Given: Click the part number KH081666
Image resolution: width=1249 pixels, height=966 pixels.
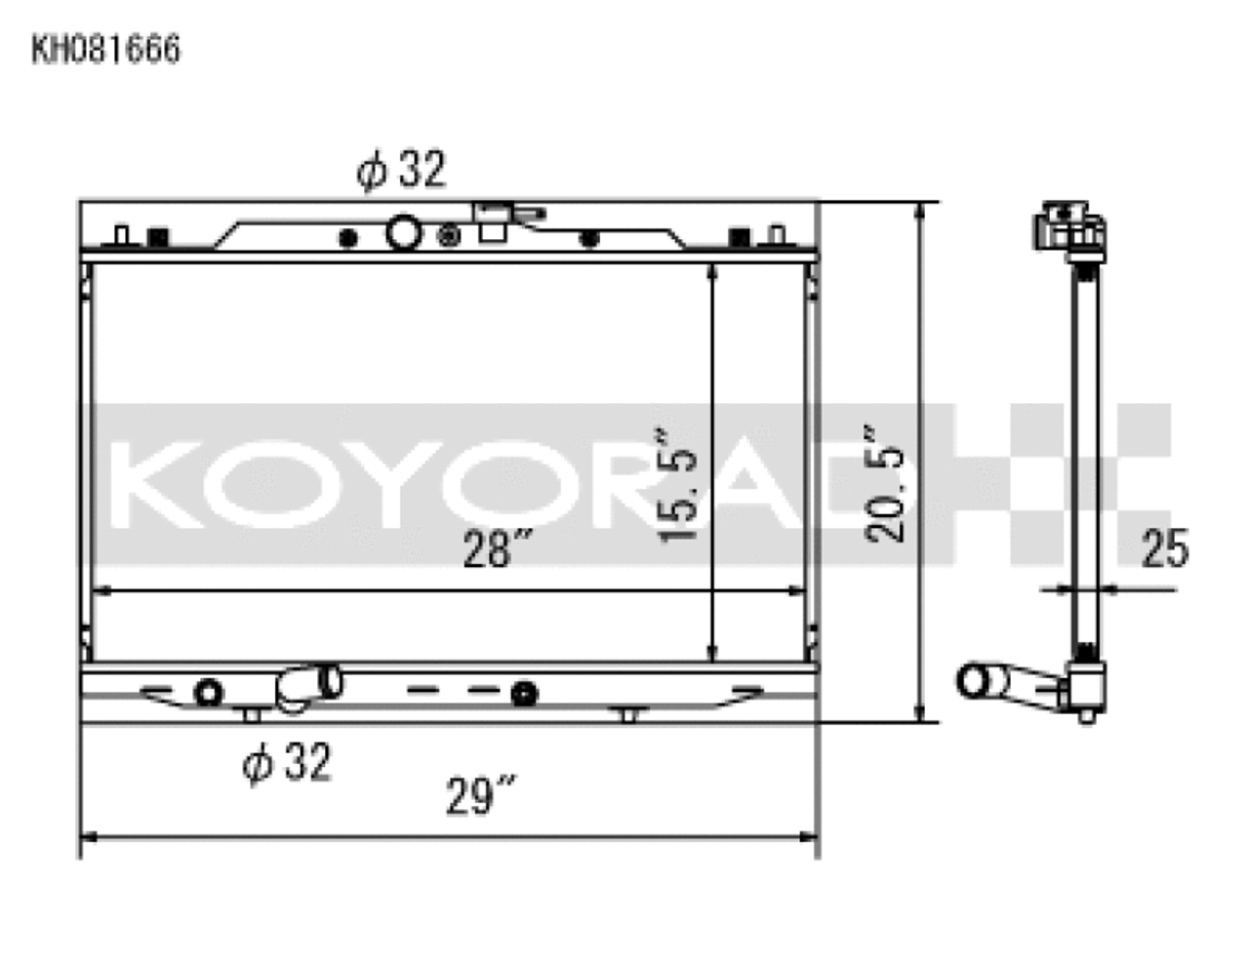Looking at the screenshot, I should [105, 50].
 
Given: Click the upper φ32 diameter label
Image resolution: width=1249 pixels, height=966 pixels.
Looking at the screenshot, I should [401, 171].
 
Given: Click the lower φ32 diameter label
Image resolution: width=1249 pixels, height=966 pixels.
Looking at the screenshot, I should [287, 762].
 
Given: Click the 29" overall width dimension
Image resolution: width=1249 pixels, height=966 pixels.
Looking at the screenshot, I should [480, 795].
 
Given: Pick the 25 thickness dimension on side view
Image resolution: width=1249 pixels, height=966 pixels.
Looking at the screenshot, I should [1165, 549].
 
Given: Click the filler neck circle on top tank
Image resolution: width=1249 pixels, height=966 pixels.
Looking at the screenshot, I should [403, 233].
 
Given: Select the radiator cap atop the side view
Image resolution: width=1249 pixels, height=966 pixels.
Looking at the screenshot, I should [1070, 226].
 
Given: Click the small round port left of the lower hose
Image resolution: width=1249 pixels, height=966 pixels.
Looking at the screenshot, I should [209, 693].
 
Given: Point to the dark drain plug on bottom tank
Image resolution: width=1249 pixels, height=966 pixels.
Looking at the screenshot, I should [525, 694].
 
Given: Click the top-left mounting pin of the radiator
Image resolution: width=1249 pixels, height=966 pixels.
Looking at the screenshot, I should [121, 235].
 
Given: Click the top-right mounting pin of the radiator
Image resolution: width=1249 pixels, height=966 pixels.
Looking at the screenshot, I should [777, 235].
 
